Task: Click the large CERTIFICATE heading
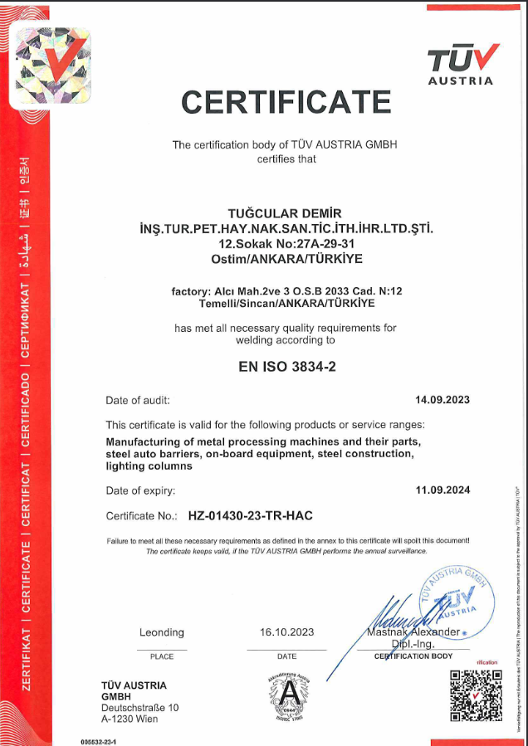pyautogui.click(x=286, y=102)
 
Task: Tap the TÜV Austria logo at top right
pyautogui.click(x=462, y=63)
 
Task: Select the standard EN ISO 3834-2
pyautogui.click(x=287, y=365)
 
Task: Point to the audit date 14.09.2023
pyautogui.click(x=442, y=400)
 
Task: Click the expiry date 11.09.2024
pyautogui.click(x=442, y=490)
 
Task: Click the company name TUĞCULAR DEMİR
pyautogui.click(x=285, y=214)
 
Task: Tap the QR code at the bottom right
pyautogui.click(x=476, y=695)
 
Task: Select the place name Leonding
pyautogui.click(x=162, y=632)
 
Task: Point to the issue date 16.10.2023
pyautogui.click(x=286, y=632)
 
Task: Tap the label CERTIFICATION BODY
pyautogui.click(x=413, y=656)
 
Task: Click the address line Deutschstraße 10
pyautogui.click(x=139, y=708)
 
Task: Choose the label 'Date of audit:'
pyautogui.click(x=138, y=400)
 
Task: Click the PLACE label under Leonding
pyautogui.click(x=162, y=656)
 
